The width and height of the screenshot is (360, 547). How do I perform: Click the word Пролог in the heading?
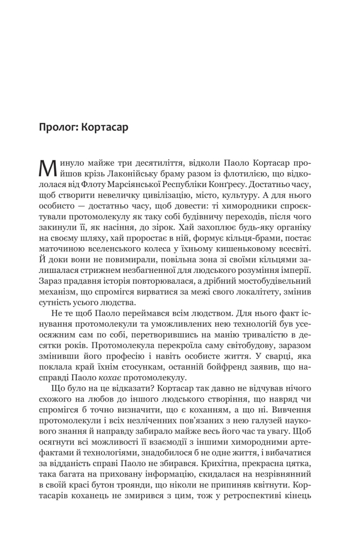pos(56,129)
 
